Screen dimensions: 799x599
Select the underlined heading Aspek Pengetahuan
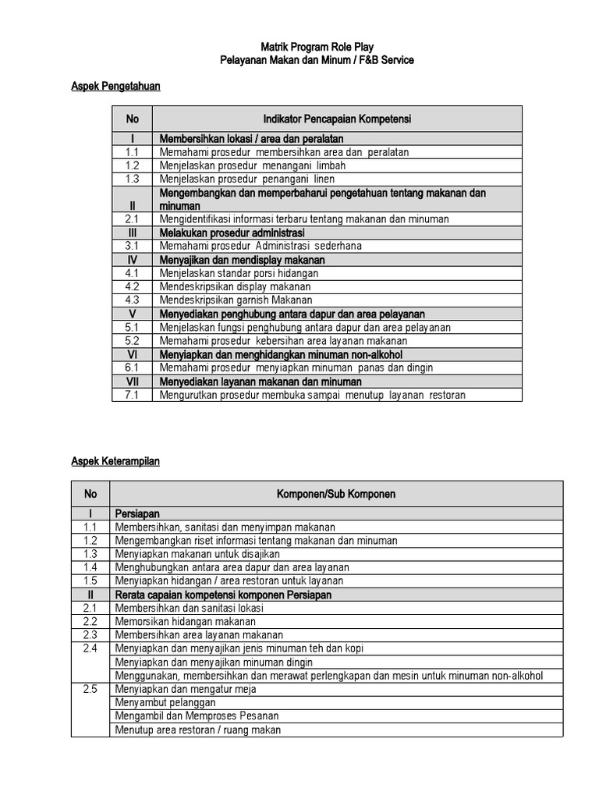pos(115,87)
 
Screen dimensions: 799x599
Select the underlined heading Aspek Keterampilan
pos(115,461)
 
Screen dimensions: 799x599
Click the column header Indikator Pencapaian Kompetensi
pos(337,119)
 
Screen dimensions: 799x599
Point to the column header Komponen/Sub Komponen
pos(335,494)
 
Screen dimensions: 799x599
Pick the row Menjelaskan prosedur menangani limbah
pos(252,165)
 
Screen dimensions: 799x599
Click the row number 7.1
pos(132,395)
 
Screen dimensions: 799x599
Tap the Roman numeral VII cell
pos(132,382)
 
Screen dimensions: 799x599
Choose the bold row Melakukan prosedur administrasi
pos(232,233)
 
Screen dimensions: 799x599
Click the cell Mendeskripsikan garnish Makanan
pos(236,300)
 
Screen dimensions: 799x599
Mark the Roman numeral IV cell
pos(132,260)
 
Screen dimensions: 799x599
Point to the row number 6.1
pos(132,368)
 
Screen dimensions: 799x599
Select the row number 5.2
pos(132,340)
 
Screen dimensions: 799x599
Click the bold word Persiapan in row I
pos(137,514)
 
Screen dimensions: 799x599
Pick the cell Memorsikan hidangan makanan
pos(185,621)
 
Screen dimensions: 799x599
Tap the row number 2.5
pos(90,689)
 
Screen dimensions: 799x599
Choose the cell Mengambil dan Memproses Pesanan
pos(197,716)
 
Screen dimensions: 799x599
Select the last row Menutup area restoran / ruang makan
pos(197,730)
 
